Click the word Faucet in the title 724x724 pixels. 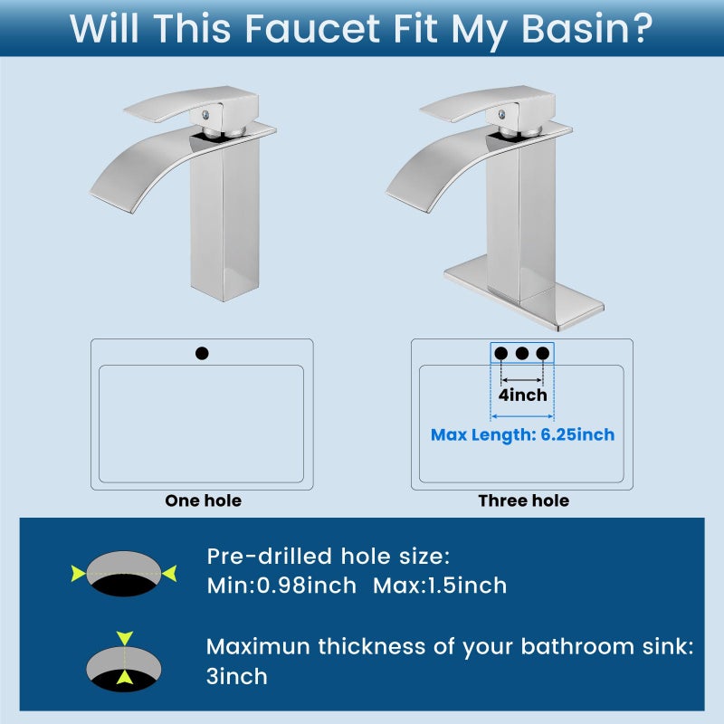click(x=312, y=29)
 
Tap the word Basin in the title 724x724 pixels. click(x=575, y=29)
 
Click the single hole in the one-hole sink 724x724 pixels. click(x=202, y=353)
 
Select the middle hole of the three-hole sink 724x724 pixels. click(x=522, y=353)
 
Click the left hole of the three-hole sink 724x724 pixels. click(x=501, y=353)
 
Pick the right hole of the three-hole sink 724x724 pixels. click(x=542, y=353)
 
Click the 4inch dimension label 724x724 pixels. click(x=523, y=395)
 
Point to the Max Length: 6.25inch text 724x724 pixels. click(x=523, y=435)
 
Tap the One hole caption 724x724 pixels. click(x=203, y=500)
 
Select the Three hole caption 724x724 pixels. click(x=524, y=500)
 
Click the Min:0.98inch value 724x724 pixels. click(x=281, y=586)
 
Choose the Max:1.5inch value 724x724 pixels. click(x=440, y=586)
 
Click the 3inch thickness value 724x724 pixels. click(x=237, y=676)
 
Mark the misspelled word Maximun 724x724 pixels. click(x=258, y=646)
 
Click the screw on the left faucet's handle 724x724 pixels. click(x=206, y=115)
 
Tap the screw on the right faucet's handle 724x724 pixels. click(x=502, y=115)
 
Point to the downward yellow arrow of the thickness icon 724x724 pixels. click(x=125, y=638)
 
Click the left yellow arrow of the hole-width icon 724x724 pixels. click(x=79, y=574)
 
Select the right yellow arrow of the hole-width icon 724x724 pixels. click(x=169, y=574)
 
